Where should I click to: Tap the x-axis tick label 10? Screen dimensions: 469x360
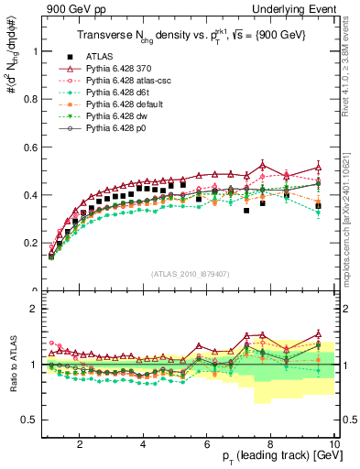point(333,444)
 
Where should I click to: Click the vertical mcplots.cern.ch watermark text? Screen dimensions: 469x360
point(352,211)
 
